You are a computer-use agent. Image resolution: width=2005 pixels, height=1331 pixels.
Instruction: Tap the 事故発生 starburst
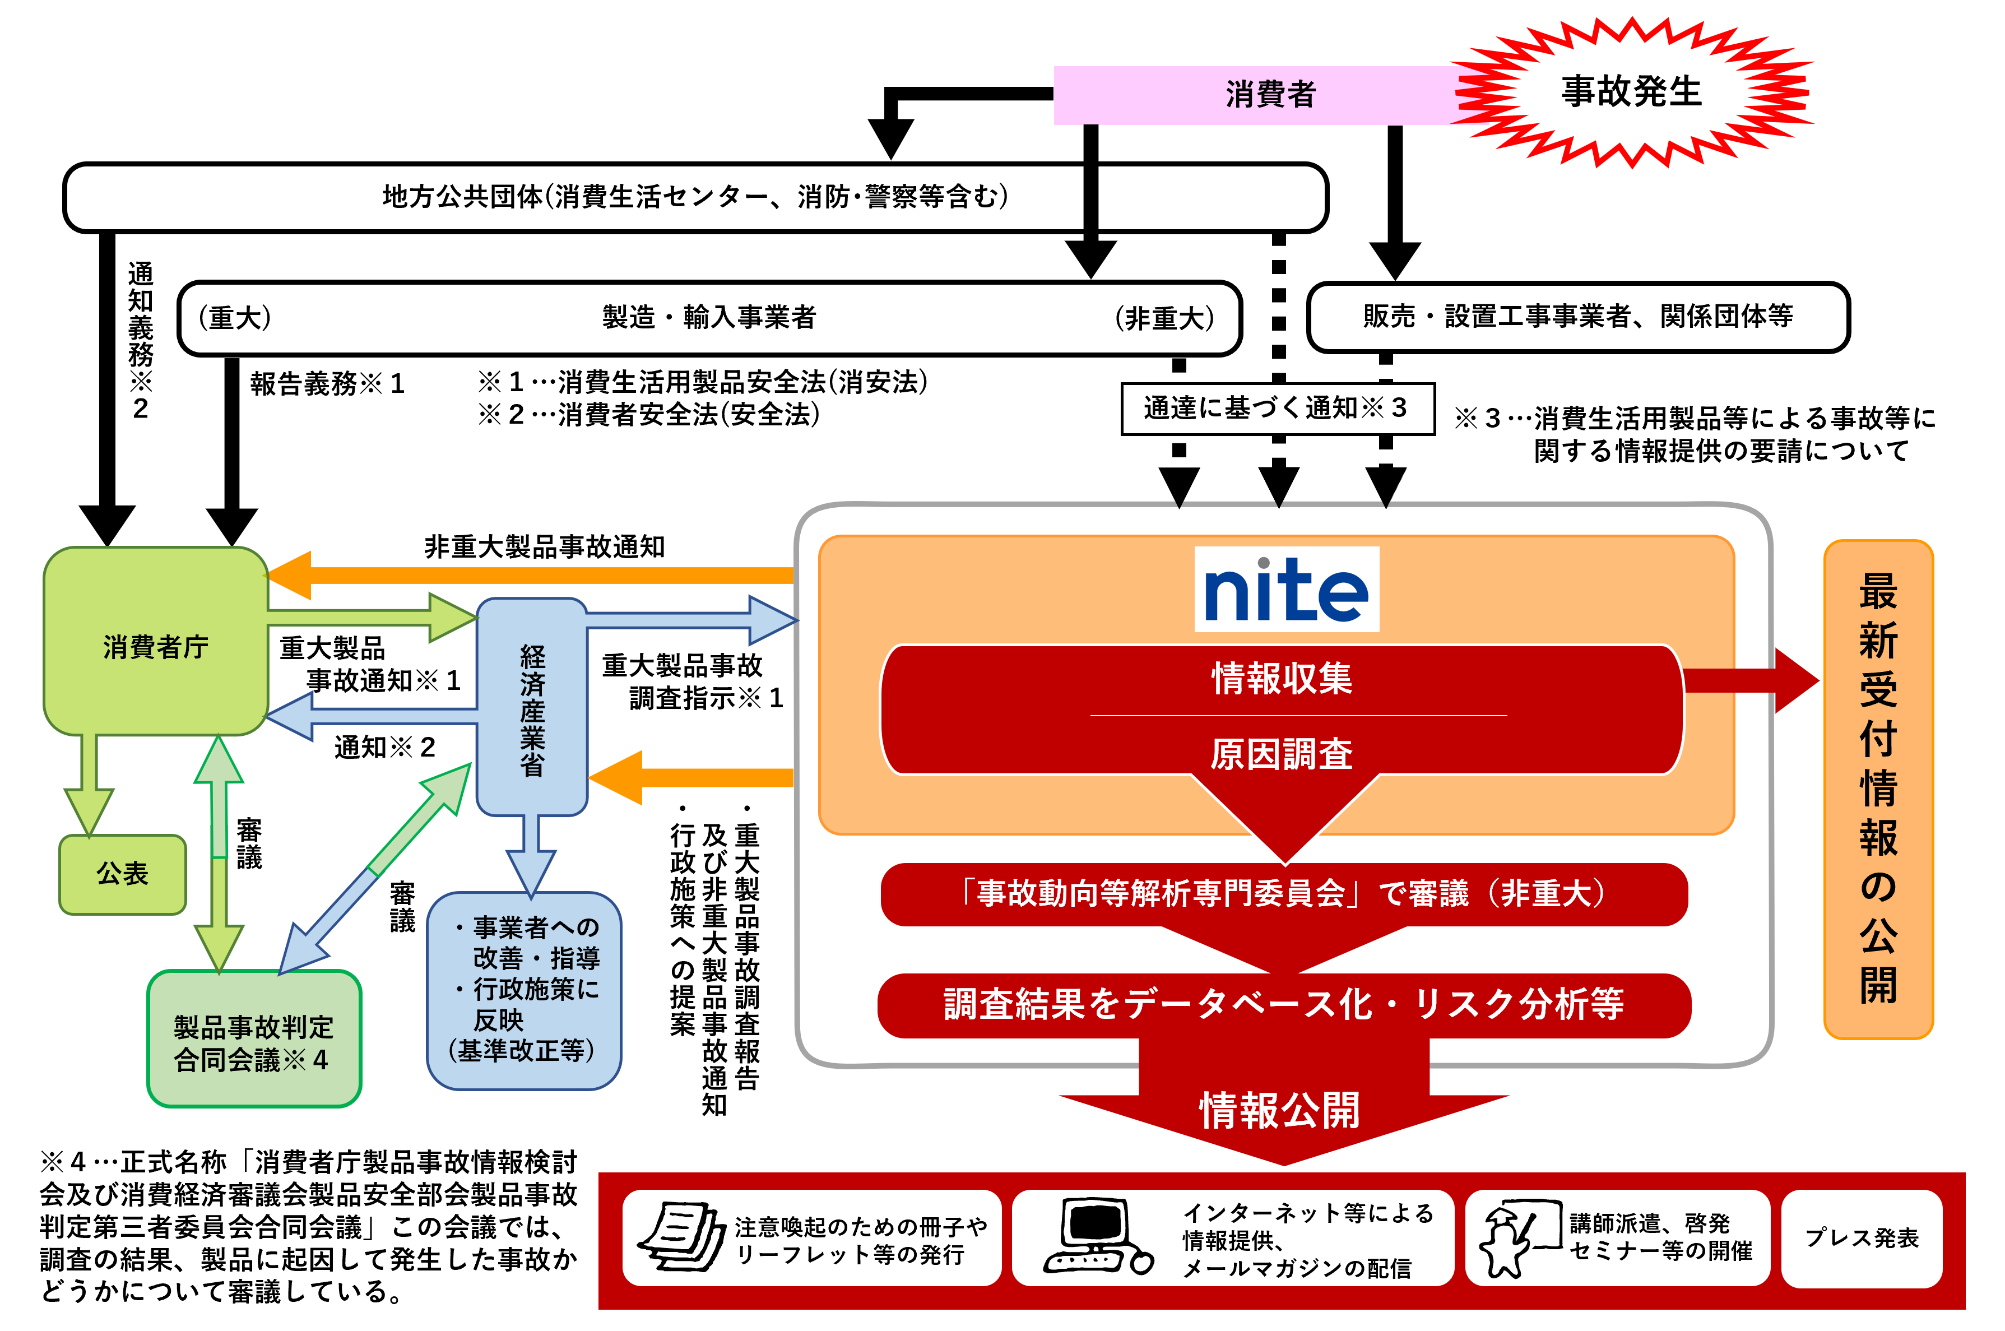coord(1631,92)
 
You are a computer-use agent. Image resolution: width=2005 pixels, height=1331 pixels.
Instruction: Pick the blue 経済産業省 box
coord(532,709)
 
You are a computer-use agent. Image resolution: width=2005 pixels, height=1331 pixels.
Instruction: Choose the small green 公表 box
coord(122,874)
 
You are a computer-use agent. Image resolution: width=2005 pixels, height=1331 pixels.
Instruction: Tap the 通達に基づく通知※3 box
coord(1276,409)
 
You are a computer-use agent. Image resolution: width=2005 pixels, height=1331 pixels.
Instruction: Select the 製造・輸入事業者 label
coord(709,317)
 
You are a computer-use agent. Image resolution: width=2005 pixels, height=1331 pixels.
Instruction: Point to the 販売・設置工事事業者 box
coord(1577,317)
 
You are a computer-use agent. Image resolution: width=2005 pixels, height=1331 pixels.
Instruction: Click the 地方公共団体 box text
coord(694,197)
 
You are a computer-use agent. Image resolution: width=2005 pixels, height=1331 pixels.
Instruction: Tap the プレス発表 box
coord(1860,1237)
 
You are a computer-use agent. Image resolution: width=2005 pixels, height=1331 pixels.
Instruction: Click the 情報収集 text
coord(1281,678)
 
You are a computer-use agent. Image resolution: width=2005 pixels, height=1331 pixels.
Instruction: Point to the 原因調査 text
coord(1281,753)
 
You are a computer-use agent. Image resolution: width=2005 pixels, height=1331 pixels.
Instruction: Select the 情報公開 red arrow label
coord(1279,1110)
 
